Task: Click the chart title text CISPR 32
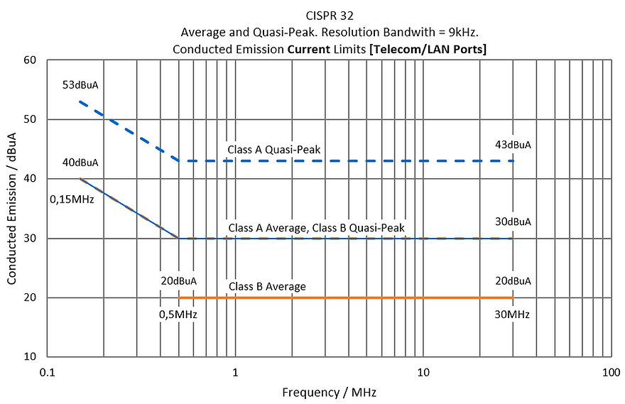click(x=330, y=16)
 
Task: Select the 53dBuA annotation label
click(x=80, y=85)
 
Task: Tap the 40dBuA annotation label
click(x=80, y=163)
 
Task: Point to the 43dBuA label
click(x=513, y=145)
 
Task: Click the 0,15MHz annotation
click(x=72, y=200)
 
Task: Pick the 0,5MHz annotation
click(x=178, y=315)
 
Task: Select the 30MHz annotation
click(x=512, y=315)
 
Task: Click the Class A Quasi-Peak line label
click(x=274, y=149)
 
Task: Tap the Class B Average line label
click(x=267, y=286)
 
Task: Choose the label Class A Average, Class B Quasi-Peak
click(x=317, y=228)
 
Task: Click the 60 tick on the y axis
click(x=30, y=60)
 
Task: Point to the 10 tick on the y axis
click(x=30, y=356)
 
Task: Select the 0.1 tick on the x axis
click(x=47, y=372)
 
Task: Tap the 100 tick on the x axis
click(x=611, y=372)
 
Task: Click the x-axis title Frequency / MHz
click(x=330, y=393)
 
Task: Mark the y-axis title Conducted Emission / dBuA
click(x=11, y=208)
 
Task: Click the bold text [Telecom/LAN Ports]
click(x=428, y=50)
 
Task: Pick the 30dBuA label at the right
click(x=513, y=222)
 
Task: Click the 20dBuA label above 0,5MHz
click(x=178, y=281)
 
